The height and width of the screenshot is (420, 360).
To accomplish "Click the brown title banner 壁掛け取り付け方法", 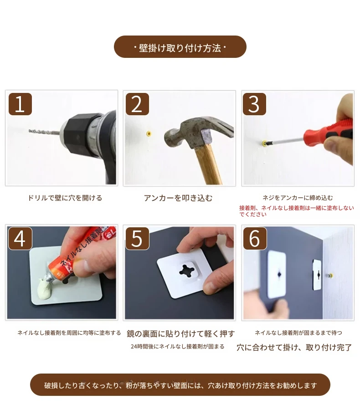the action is [x=180, y=46].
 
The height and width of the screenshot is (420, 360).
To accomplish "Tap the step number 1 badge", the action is [x=20, y=104].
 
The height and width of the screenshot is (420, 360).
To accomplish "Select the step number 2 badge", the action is [x=137, y=104].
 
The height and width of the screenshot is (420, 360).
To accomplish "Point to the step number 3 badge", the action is [x=254, y=104].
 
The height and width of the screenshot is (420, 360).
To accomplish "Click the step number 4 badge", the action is [x=20, y=238].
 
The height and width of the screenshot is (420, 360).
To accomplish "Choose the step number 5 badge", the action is [x=137, y=238].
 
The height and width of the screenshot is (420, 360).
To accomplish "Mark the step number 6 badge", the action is [x=255, y=238].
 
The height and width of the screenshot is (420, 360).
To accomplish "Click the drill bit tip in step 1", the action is [x=29, y=131].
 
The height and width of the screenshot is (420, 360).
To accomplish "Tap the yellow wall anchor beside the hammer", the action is [x=149, y=133].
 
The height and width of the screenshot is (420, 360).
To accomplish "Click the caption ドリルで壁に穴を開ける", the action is [x=65, y=198].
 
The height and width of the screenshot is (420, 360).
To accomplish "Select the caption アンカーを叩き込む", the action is [x=178, y=198].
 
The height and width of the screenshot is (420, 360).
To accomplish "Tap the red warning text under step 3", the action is [x=297, y=211].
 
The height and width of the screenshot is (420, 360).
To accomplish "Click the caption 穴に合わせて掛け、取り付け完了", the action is [x=294, y=348].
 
